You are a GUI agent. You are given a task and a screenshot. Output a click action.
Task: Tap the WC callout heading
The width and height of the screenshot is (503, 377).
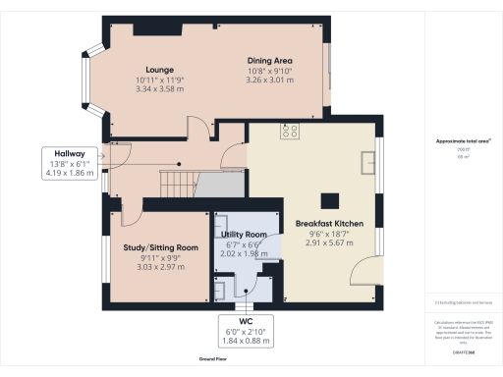click(247, 321)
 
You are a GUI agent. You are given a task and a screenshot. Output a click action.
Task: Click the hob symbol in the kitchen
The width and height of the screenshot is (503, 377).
click(290, 130)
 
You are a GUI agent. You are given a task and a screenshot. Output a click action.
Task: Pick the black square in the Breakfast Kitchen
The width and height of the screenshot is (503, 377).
click(332, 200)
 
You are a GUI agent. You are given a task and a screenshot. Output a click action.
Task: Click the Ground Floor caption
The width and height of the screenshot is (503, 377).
click(214, 360)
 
